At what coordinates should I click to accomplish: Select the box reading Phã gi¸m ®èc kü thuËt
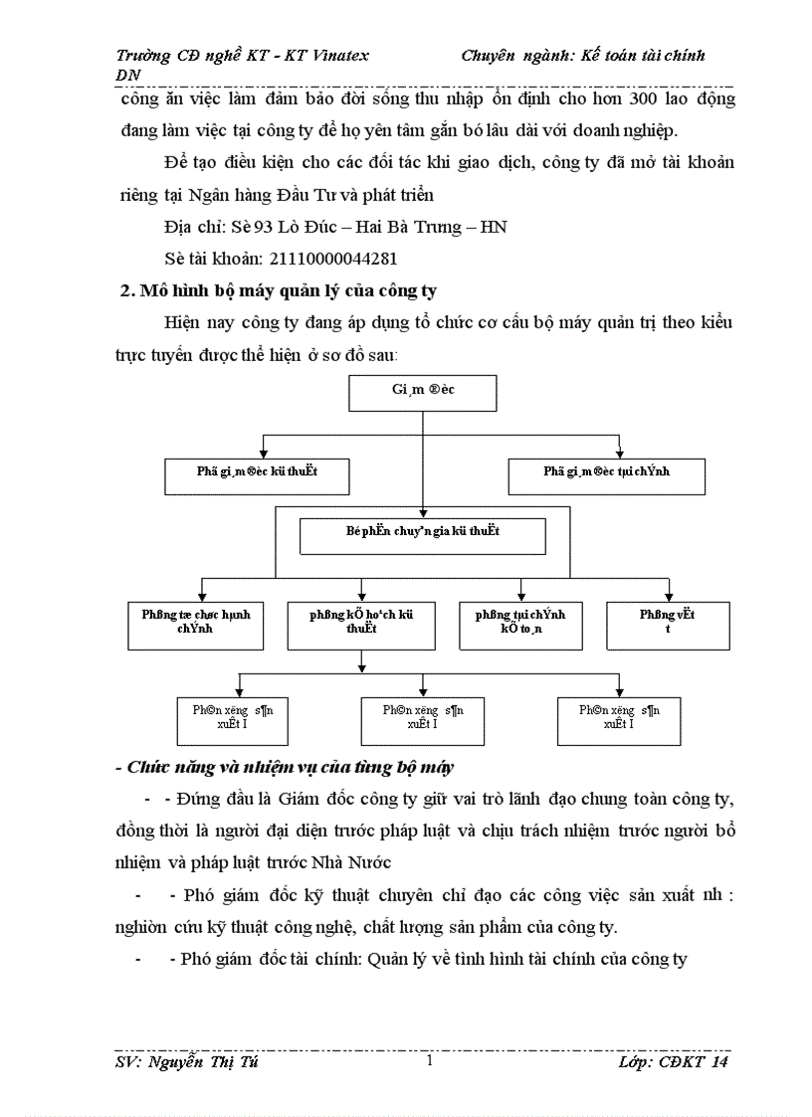tap(257, 475)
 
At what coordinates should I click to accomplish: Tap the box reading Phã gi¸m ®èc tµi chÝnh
tap(606, 475)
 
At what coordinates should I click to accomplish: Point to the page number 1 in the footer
tap(428, 1062)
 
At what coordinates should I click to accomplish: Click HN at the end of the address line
tap(494, 228)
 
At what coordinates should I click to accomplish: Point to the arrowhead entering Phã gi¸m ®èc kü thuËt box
tap(263, 453)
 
